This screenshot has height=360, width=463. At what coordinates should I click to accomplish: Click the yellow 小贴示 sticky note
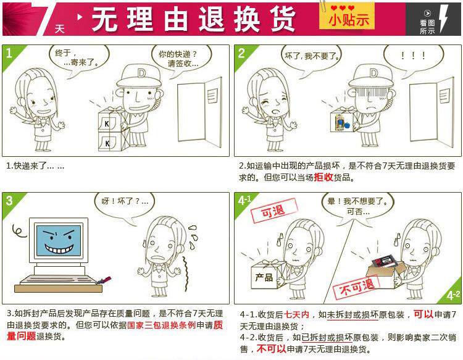347,16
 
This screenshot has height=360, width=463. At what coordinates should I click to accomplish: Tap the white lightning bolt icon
443,19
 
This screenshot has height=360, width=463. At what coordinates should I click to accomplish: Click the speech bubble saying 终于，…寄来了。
79,59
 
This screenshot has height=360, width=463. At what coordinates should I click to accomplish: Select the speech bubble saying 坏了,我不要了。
312,57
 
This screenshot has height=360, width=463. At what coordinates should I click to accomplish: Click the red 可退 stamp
273,211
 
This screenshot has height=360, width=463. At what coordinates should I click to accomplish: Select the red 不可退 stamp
356,287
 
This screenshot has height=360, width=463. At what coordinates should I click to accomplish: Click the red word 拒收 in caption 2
323,177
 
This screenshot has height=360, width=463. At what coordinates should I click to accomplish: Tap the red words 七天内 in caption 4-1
296,315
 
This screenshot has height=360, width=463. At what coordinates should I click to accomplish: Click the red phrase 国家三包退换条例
161,325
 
